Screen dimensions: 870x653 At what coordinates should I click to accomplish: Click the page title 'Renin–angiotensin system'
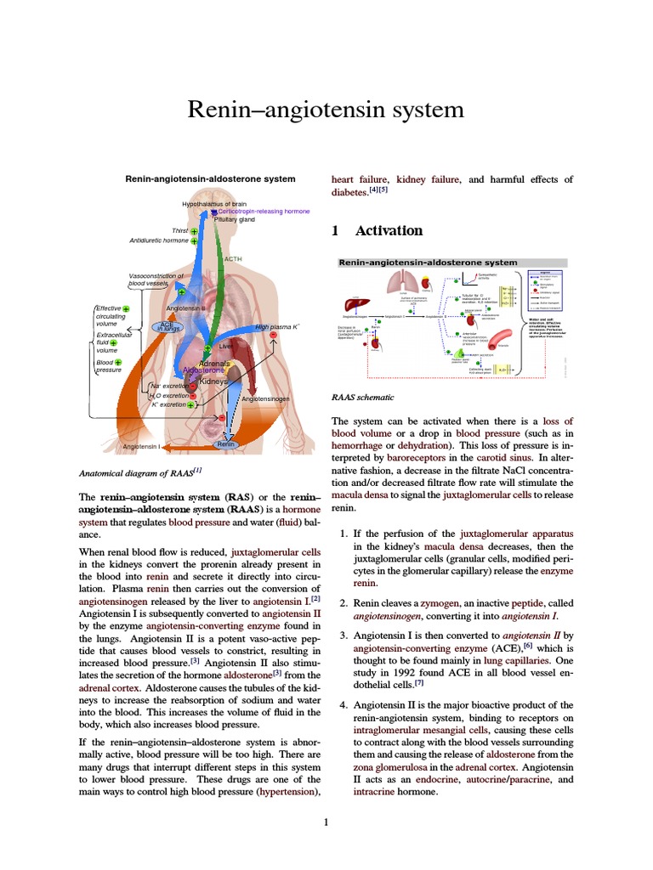[326, 110]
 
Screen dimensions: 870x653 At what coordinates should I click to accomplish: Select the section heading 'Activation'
[389, 230]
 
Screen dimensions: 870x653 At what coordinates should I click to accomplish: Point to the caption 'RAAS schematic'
[363, 397]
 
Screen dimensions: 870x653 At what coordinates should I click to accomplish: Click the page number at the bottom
[326, 822]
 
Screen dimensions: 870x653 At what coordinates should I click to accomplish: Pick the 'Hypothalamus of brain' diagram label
[214, 204]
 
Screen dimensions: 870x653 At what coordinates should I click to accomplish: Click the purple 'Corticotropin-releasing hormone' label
[264, 212]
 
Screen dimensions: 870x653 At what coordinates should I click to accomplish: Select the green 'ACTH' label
[233, 258]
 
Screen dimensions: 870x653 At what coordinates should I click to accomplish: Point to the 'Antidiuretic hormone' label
[159, 240]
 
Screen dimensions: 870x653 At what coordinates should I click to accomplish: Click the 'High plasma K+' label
[277, 326]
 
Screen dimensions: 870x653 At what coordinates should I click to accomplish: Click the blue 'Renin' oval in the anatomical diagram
[226, 444]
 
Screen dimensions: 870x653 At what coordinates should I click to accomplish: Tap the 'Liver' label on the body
[226, 347]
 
